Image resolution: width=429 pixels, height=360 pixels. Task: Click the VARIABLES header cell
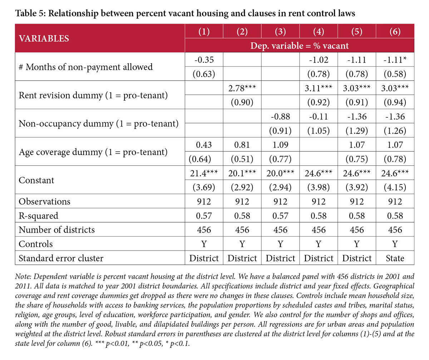44,38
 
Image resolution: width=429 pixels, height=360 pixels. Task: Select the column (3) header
280,31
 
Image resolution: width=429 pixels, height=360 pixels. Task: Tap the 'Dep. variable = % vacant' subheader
299,46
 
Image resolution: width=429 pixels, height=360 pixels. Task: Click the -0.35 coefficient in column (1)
204,60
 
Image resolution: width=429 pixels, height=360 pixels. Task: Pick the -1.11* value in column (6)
395,60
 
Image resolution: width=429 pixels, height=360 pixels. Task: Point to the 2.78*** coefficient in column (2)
242,88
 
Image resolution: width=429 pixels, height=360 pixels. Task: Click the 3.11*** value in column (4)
319,88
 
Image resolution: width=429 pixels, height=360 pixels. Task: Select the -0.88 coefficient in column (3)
280,116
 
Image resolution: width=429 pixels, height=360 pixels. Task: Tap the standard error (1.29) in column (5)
357,131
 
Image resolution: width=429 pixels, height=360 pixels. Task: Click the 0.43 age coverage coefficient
204,145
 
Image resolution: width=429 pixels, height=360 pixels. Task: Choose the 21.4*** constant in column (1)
204,173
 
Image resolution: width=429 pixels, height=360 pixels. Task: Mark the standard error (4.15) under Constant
395,187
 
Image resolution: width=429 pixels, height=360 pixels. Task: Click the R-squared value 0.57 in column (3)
280,216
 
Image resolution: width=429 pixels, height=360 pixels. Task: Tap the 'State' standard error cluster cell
395,258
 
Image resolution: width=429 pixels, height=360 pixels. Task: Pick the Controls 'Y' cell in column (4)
319,244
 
